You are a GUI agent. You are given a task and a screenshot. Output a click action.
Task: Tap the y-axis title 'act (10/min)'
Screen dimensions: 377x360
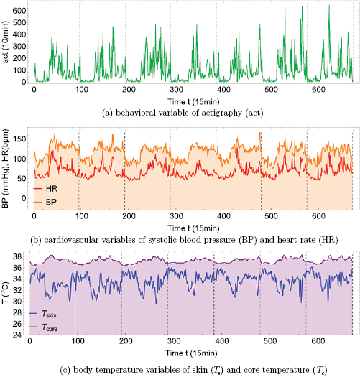[6, 45]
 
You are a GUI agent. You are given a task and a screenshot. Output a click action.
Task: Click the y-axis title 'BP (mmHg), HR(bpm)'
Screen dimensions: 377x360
[6, 169]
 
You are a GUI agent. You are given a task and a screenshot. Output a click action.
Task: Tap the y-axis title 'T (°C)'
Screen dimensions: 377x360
[6, 294]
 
